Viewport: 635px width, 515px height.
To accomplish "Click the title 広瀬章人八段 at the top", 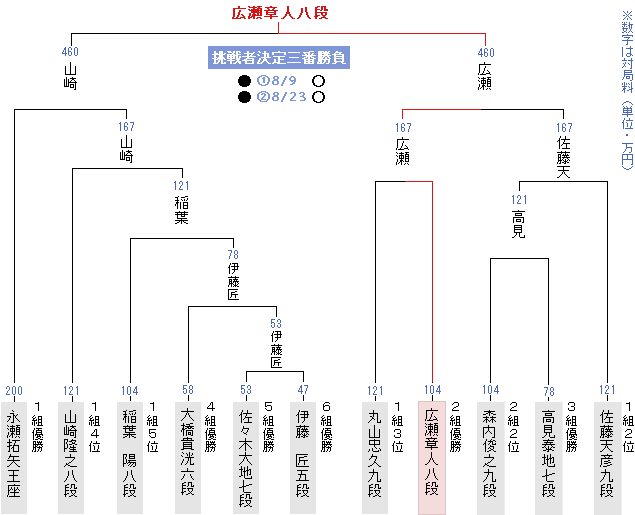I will [x=280, y=13].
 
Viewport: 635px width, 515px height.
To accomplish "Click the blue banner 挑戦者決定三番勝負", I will [x=278, y=57].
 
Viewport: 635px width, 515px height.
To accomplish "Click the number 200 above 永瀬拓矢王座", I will [x=14, y=390].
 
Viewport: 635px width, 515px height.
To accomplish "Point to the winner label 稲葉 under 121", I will [x=180, y=208].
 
